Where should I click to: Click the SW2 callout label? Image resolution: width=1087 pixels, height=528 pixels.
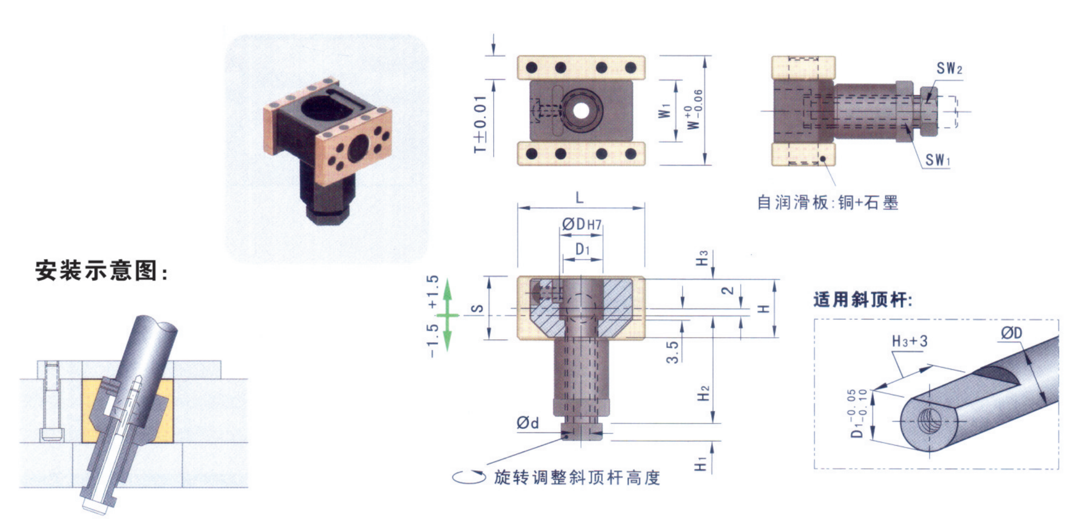(949, 68)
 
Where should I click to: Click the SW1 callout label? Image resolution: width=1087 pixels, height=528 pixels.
(938, 159)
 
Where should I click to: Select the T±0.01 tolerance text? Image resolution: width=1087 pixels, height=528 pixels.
(480, 124)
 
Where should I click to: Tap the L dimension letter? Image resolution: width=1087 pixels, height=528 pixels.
(580, 198)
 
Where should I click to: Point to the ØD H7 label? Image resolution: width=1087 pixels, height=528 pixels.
(582, 224)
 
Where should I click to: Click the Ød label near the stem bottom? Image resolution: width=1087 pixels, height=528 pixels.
(527, 422)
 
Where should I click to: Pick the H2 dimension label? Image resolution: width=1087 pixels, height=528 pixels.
(703, 393)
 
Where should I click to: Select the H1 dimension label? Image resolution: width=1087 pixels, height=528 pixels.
(700, 463)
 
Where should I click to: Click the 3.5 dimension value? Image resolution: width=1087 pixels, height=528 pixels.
(672, 352)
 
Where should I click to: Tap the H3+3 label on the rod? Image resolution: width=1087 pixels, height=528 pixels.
(910, 341)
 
